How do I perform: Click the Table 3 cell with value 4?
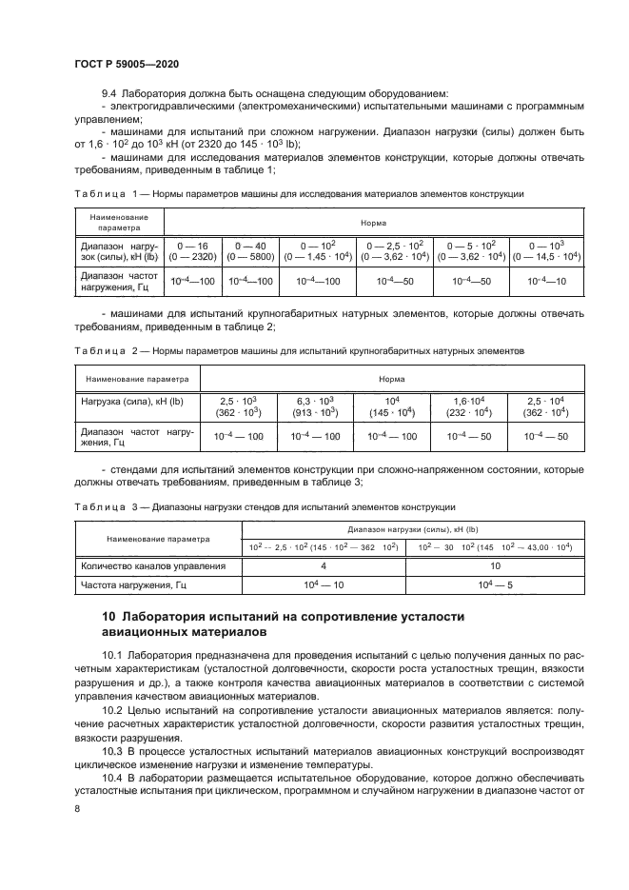coord(324,565)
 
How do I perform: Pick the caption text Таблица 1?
coord(101,194)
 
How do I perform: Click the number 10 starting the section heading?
coord(107,618)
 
